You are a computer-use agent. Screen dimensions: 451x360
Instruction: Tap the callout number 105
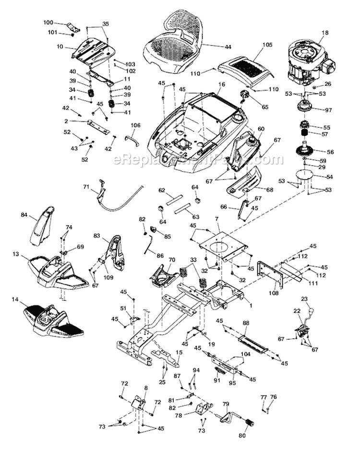click(x=267, y=45)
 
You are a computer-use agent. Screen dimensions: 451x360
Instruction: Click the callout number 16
click(x=221, y=84)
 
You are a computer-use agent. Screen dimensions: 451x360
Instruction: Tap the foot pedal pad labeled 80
click(x=249, y=425)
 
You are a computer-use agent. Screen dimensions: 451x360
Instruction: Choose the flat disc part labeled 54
click(x=303, y=177)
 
